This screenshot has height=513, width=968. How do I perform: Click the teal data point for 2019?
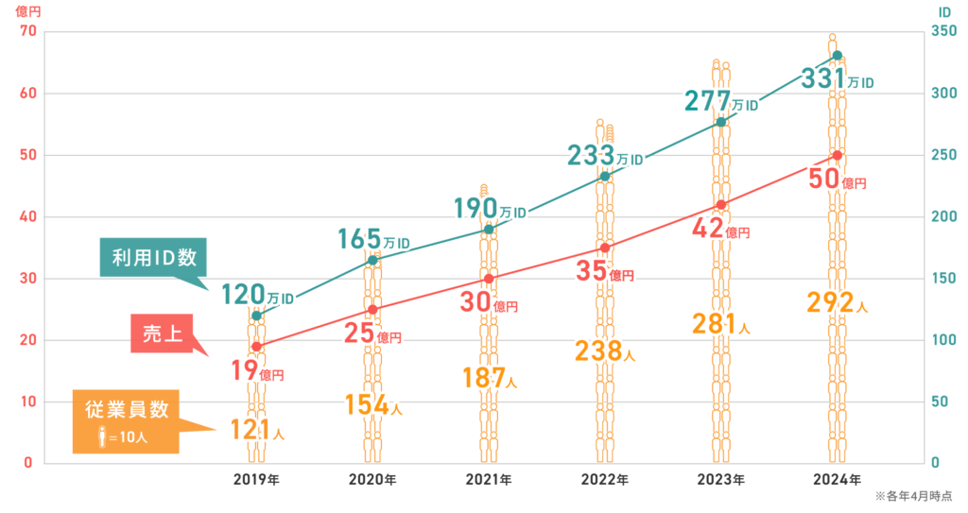[256, 315]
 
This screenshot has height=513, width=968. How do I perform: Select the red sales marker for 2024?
[838, 155]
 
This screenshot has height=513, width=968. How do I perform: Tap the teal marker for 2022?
[605, 177]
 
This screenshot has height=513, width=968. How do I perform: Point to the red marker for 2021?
[489, 279]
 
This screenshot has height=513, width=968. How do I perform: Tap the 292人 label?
[837, 302]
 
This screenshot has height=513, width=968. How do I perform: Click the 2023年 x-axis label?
[721, 480]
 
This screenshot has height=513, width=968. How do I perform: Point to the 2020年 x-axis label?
[372, 480]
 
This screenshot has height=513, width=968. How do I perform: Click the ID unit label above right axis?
[944, 12]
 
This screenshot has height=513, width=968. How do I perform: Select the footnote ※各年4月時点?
[913, 496]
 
